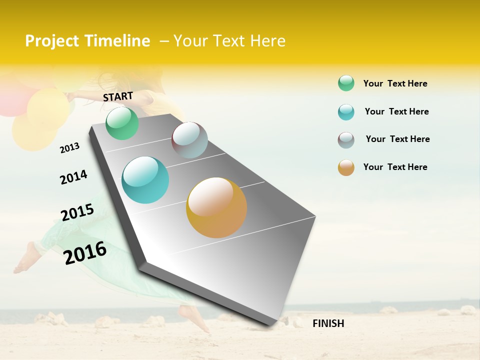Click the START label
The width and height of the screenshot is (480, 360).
tap(118, 96)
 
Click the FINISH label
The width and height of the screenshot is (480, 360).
tap(328, 323)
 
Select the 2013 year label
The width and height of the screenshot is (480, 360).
tap(69, 147)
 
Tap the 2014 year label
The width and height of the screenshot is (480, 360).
tap(73, 177)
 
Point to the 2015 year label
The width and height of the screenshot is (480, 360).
tap(77, 212)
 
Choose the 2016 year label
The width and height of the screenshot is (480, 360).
tap(85, 252)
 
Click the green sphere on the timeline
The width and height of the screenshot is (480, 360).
tap(122, 123)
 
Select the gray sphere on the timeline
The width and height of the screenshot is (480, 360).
tap(189, 140)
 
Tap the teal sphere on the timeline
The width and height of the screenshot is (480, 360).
tap(145, 180)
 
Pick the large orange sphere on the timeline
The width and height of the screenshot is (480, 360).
tap(216, 207)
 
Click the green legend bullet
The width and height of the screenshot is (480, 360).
tap(346, 83)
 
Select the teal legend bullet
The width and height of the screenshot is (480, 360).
tap(346, 112)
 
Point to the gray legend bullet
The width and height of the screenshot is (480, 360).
tap(346, 140)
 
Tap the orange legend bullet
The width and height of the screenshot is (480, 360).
tap(346, 167)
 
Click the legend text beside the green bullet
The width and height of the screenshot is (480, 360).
tap(395, 83)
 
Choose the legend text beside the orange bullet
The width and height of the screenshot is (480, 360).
tap(395, 167)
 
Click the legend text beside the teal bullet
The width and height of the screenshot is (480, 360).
tap(396, 111)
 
